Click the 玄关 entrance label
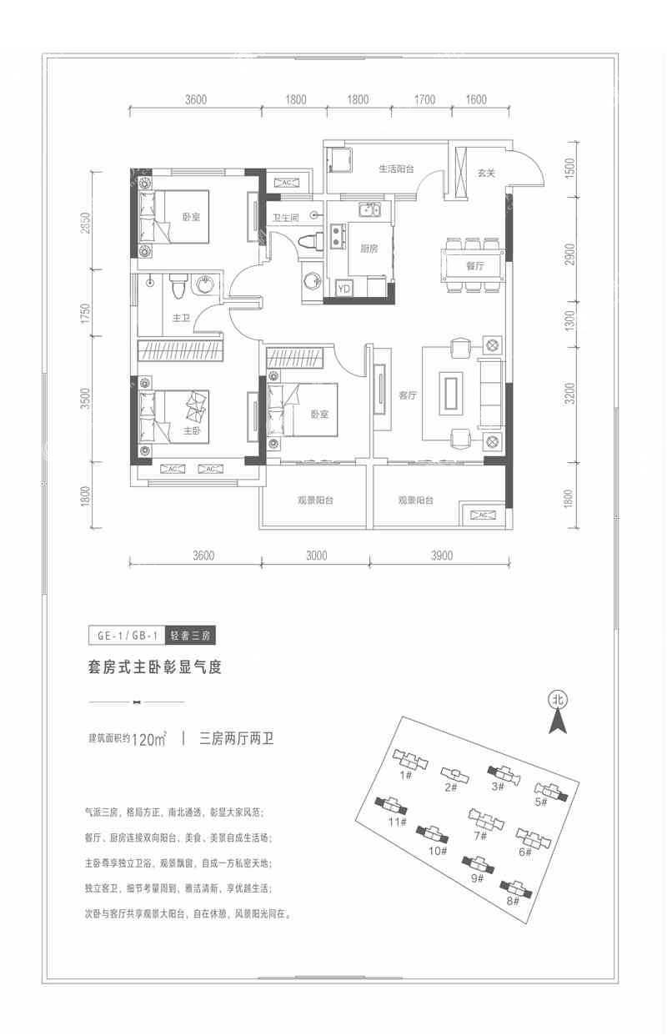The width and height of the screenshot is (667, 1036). coord(486,173)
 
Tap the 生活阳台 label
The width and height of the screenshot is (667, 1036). coord(396,168)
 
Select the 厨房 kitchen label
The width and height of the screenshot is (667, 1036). coord(369,249)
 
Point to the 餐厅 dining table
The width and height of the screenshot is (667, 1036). coord(473,265)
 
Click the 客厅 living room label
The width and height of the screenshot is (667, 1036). coord(407,395)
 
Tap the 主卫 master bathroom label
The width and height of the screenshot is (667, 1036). coord(181,318)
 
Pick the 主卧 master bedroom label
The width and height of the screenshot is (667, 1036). coord(192,430)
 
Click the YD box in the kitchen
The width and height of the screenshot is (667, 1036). coord(344,289)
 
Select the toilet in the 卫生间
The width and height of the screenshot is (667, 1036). coord(310,242)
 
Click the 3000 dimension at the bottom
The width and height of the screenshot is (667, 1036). coord(317,555)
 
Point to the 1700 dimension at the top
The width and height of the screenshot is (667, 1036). coord(424,99)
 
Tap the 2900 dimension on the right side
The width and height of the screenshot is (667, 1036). coord(570,254)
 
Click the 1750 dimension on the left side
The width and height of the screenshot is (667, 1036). coord(86,313)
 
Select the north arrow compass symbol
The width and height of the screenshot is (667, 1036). coord(558,712)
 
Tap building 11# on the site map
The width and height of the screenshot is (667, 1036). coord(391,805)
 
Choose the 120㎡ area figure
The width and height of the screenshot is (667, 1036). coord(149,740)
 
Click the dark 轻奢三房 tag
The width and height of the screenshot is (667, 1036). coord(190,635)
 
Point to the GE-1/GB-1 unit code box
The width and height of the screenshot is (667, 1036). coord(127,635)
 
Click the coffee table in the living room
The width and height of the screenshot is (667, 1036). coord(451,393)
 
